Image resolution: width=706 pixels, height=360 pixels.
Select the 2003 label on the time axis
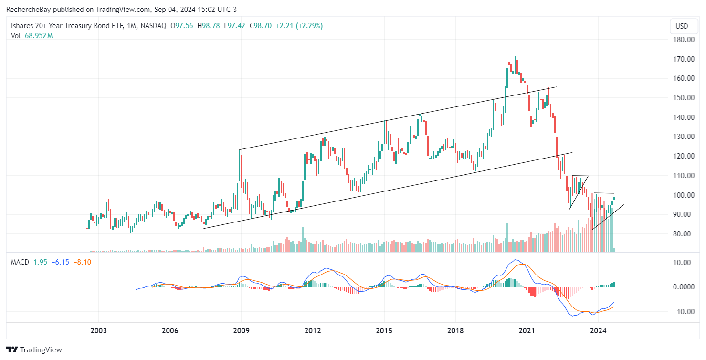98,330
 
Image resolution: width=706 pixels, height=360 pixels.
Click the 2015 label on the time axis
384,330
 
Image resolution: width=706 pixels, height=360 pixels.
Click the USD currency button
681,26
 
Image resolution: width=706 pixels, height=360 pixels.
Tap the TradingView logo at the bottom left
34,349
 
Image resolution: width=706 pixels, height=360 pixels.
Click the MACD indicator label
20,262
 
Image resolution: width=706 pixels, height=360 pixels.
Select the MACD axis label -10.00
681,312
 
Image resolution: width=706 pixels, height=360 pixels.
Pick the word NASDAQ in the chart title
153,26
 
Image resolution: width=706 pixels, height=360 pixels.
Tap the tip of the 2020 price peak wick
507,40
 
